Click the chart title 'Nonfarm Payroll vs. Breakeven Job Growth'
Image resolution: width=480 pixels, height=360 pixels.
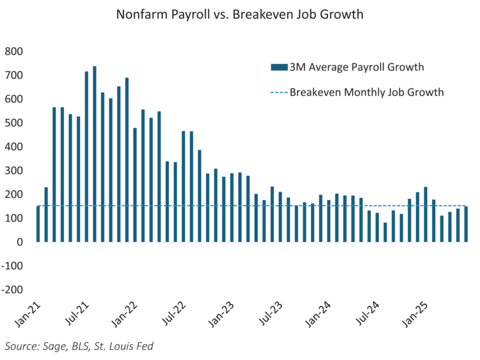(x=239, y=15)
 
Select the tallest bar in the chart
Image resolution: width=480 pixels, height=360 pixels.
(x=95, y=153)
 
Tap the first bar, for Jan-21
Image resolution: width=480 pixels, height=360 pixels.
(x=38, y=224)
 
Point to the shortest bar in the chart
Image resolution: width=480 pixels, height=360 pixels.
(x=385, y=232)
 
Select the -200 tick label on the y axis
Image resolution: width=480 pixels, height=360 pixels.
(x=12, y=290)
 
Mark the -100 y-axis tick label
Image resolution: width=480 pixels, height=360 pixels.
(x=12, y=266)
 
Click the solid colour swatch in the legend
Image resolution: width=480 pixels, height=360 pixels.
(x=279, y=67)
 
